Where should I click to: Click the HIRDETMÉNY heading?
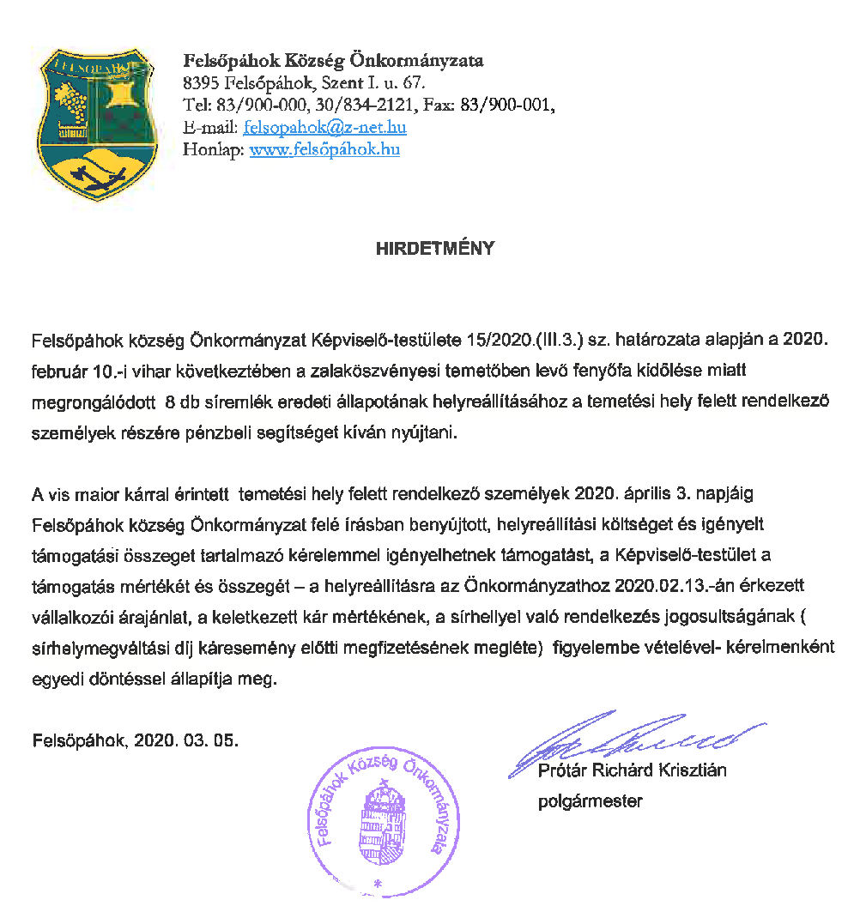pyautogui.click(x=435, y=249)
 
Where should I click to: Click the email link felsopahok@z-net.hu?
pyautogui.click(x=324, y=128)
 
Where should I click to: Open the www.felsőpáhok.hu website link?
pyautogui.click(x=324, y=150)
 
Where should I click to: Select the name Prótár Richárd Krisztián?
pyautogui.click(x=632, y=770)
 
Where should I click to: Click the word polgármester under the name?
pyautogui.click(x=590, y=802)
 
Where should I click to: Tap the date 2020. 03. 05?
pyautogui.click(x=186, y=739)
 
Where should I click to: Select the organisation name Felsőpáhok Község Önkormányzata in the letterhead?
pyautogui.click(x=334, y=61)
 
